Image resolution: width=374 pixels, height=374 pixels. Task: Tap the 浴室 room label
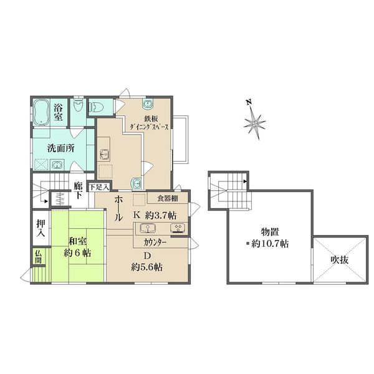coord(58,112)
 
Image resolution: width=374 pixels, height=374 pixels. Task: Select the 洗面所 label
coord(61,148)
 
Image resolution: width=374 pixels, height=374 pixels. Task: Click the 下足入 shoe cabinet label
coord(99,187)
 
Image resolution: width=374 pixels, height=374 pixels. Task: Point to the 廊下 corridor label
coord(78,191)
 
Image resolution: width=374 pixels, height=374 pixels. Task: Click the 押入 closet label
coord(41,228)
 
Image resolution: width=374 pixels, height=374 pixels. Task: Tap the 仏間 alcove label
coord(38,256)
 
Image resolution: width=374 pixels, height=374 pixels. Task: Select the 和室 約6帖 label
coord(77,247)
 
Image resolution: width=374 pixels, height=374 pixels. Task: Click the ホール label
coord(118,208)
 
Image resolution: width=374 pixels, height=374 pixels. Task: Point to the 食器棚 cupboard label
coord(168,198)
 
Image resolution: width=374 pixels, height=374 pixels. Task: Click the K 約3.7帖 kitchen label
coord(155,216)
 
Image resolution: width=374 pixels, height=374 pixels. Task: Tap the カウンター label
coord(155,242)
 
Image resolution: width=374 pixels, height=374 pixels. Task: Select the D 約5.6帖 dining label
coord(146,262)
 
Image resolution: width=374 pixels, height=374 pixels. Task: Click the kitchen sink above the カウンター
coord(148,228)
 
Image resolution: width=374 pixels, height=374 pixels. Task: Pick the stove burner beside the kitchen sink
coord(177,228)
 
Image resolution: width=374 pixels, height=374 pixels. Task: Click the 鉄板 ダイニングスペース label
coord(150,122)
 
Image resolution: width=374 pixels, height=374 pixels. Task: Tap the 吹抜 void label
coord(339,260)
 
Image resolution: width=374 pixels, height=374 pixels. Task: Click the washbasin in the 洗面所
coord(57,165)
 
